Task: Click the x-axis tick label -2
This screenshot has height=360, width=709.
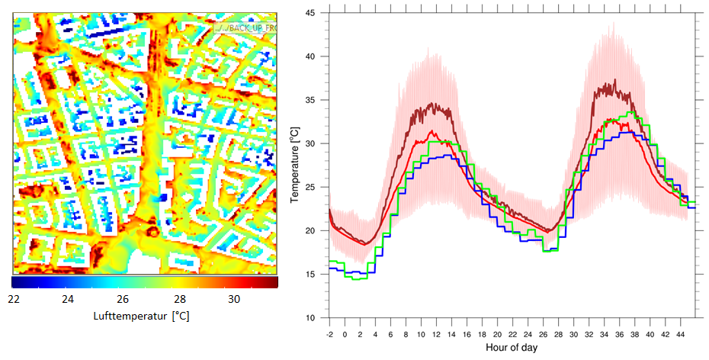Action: [329, 334]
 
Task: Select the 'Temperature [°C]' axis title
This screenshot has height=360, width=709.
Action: [296, 166]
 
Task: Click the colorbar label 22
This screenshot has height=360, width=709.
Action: [13, 299]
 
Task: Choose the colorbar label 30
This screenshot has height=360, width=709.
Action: [233, 299]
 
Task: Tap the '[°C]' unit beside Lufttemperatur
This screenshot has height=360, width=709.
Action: [180, 315]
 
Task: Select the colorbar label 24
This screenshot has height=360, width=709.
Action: [68, 299]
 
